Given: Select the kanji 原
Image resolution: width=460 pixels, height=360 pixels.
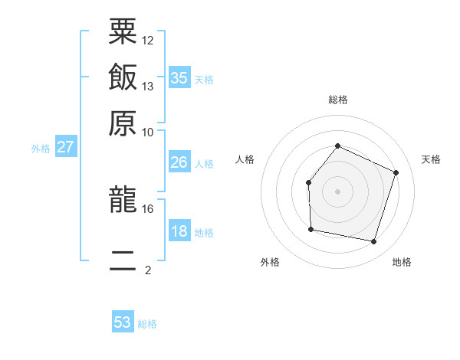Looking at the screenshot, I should pos(123,123).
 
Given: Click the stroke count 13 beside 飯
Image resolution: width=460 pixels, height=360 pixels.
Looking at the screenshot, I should pos(148,86).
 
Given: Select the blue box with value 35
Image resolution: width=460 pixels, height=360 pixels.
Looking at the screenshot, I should pos(179,77).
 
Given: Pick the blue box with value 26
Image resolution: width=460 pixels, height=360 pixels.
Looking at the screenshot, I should pos(179,162).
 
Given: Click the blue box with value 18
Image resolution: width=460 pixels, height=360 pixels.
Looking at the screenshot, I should pos(179,231).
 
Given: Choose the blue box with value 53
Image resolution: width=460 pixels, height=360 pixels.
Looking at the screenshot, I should pos(123,322).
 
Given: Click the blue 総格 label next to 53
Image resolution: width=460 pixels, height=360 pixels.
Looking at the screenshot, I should pos(147,324).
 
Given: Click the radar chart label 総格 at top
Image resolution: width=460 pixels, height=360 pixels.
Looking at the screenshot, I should pos(337,100).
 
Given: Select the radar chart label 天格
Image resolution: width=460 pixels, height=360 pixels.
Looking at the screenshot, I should pos(431,159).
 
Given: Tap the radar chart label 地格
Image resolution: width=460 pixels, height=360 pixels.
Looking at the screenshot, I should pos(402,263).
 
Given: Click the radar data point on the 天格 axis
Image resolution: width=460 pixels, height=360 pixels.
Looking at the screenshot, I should pos(396,172).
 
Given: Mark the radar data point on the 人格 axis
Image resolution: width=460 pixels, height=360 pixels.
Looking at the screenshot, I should pos(308,182).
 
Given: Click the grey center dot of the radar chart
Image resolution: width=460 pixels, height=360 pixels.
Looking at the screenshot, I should pos(337,191).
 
